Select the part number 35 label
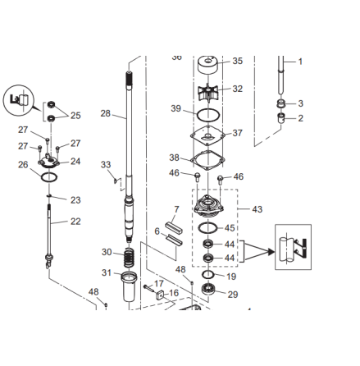coord(238,62)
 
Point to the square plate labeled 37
coord(209,135)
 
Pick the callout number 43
coord(257,209)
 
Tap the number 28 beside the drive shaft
coord(106,114)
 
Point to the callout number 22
coord(75,222)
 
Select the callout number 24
coord(75,162)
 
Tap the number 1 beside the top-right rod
coord(300,62)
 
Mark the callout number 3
coord(300,103)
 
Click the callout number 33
coord(106,165)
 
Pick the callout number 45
coord(230,228)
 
